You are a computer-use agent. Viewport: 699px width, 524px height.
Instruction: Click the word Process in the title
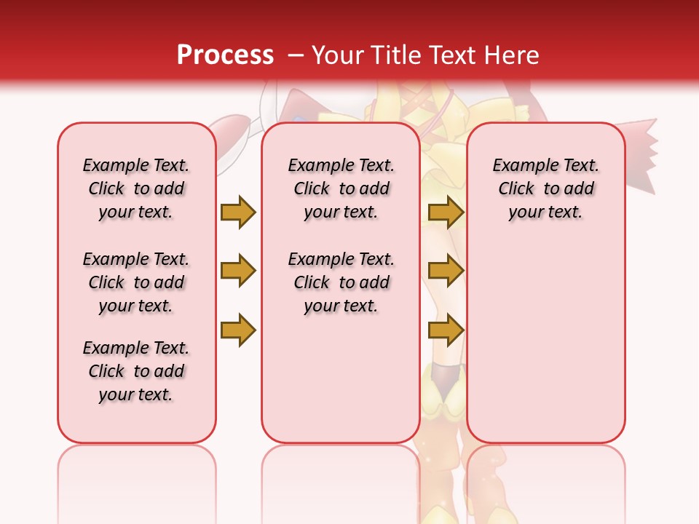tap(225, 55)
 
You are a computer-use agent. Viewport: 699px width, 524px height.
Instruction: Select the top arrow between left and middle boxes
tap(238, 212)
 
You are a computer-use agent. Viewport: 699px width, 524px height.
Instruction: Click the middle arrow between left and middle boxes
tap(238, 271)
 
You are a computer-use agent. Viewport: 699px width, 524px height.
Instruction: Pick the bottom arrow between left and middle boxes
tap(238, 330)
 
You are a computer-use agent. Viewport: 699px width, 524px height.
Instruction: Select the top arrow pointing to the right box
tap(446, 212)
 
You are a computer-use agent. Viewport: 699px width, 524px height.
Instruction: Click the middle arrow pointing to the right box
tap(446, 271)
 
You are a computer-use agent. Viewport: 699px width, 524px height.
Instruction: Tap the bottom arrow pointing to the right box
tap(446, 330)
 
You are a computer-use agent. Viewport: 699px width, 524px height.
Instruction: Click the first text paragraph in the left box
tap(136, 188)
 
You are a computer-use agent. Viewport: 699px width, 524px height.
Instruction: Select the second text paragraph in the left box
tap(136, 282)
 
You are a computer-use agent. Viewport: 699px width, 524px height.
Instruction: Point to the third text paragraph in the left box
tap(136, 371)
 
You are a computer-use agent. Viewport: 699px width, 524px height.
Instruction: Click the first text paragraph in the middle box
tap(341, 188)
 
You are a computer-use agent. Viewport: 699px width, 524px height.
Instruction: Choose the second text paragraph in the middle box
tap(341, 282)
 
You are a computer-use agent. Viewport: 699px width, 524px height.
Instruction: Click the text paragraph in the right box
tap(545, 188)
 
